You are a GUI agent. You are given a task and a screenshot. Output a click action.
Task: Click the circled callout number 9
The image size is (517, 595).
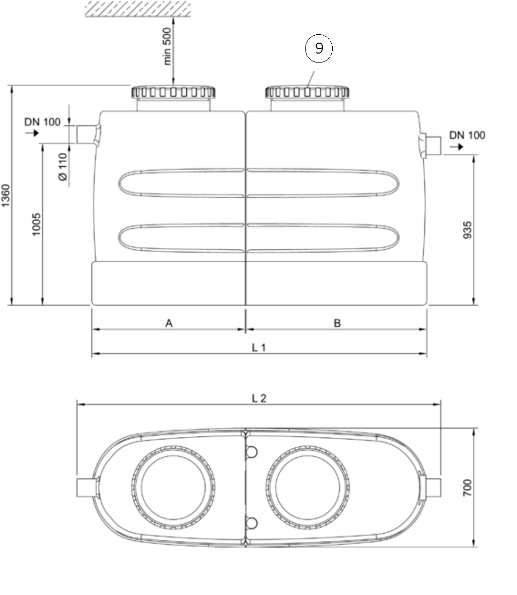tap(318, 48)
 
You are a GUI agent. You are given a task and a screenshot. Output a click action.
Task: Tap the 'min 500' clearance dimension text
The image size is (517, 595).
tap(167, 46)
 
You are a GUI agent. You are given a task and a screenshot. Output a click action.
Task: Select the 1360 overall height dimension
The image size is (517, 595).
tap(6, 195)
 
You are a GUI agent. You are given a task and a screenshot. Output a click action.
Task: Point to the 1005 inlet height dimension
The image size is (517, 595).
tap(36, 224)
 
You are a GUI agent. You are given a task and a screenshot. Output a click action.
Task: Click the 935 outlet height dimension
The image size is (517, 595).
tap(467, 230)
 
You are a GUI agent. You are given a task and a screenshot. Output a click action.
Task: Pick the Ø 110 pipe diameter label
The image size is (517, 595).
tap(63, 167)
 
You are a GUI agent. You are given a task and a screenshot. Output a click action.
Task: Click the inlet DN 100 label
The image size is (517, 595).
tap(43, 122)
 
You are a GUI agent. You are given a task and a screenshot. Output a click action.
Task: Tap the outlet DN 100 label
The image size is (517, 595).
tap(467, 135)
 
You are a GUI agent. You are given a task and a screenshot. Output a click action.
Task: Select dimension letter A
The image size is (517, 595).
tap(169, 323)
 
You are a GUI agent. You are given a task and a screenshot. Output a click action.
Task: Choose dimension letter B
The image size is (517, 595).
tap(337, 323)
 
